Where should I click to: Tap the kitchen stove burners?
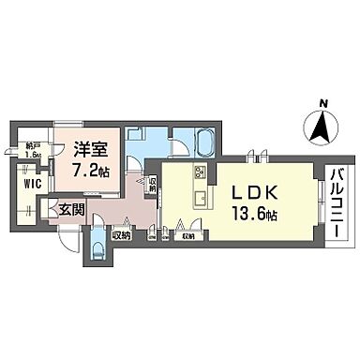click(200, 173)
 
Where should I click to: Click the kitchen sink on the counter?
click(200, 197)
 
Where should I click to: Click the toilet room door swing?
click(106, 228)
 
